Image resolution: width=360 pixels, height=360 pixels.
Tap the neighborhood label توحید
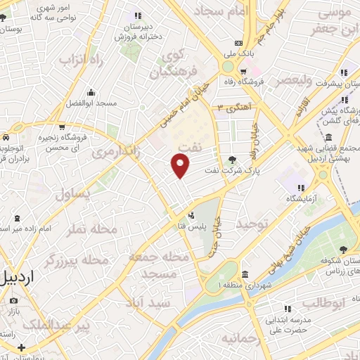click(x=253, y=224)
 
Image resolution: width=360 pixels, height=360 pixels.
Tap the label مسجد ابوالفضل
click(x=91, y=103)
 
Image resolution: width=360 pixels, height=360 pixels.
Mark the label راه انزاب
click(x=83, y=61)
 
